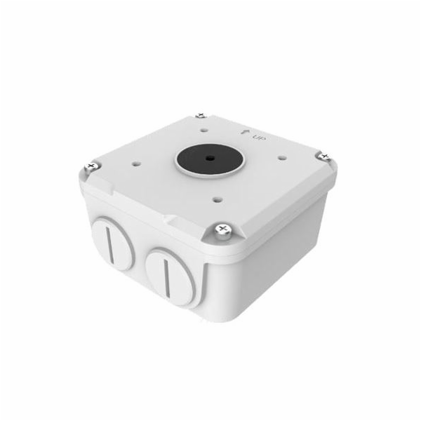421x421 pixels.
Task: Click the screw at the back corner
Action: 201,116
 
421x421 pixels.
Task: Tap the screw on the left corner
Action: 91,166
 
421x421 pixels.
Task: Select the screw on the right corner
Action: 324,156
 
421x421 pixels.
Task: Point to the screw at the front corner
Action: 223,231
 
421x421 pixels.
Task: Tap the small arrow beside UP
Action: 244,132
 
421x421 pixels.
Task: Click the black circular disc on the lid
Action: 208,159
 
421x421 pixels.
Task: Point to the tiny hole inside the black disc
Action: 208,159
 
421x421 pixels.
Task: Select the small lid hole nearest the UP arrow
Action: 204,131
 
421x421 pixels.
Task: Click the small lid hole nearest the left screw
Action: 137,163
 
